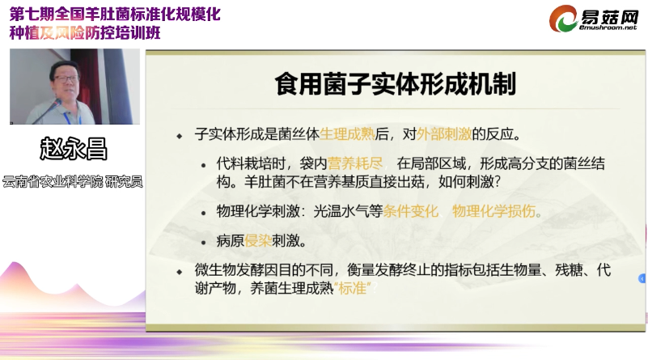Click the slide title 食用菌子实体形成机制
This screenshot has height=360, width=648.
pos(395,84)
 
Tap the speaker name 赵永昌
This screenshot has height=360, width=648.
pos(74,149)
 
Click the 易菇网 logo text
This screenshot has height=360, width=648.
pos(609,17)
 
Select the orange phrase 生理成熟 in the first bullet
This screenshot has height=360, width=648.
pos(347,134)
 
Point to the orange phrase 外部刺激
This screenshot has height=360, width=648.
pos(444,134)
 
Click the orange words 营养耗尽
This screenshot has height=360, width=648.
pos(355,163)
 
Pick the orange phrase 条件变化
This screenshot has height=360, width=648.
pos(410,211)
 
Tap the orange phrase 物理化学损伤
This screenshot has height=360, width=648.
pos(493,211)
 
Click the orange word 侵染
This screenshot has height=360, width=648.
pos(258,240)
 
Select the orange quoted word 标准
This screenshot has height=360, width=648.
pos(353,288)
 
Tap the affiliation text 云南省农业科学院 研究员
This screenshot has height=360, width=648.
pos(73,181)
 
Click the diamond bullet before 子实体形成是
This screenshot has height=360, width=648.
pos(180,136)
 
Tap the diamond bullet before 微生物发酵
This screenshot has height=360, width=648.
pos(180,272)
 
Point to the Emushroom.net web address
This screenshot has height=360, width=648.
pos(608,28)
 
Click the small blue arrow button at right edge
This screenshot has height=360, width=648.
pos(642,279)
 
